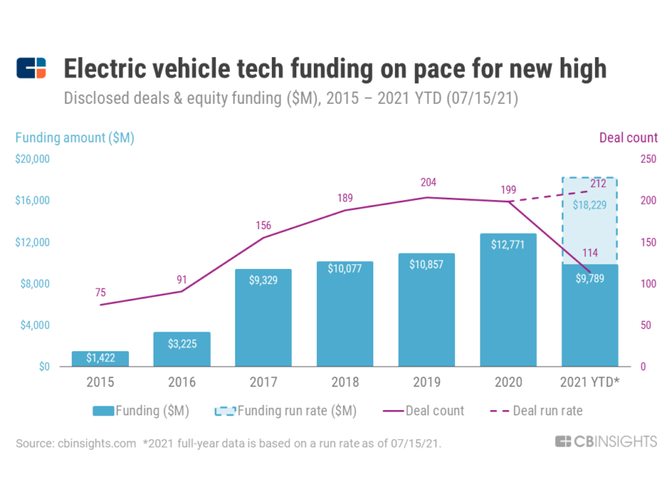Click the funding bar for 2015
pyautogui.click(x=100, y=359)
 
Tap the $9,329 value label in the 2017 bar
pyautogui.click(x=263, y=280)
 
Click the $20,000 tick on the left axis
pyautogui.click(x=32, y=159)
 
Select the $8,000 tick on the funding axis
pyautogui.click(x=34, y=283)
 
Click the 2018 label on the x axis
pyautogui.click(x=345, y=382)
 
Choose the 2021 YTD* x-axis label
pyautogui.click(x=590, y=382)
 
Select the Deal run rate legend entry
pyautogui.click(x=547, y=411)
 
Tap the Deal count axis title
pyautogui.click(x=628, y=137)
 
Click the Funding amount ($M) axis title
pyautogui.click(x=75, y=137)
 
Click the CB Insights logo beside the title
pyautogui.click(x=31, y=68)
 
